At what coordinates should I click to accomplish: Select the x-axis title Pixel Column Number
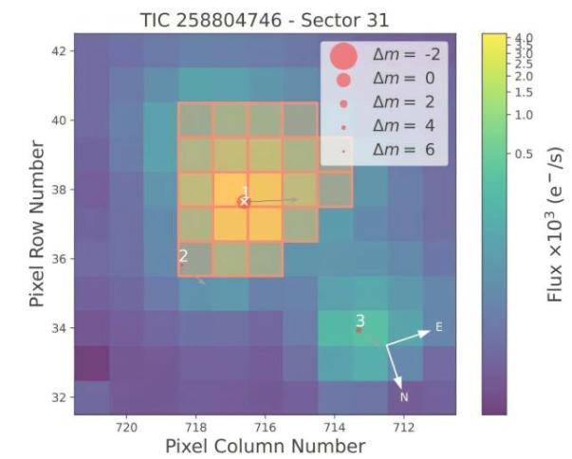click(265, 445)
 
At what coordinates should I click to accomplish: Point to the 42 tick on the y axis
click(56, 50)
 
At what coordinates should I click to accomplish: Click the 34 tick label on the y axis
click(56, 328)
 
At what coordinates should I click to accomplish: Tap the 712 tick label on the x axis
click(404, 426)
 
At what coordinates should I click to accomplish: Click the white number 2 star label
click(183, 255)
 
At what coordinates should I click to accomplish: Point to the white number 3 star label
click(360, 321)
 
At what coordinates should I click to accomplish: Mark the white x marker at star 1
click(244, 201)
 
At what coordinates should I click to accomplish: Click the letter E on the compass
click(438, 326)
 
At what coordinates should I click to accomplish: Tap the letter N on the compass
click(403, 396)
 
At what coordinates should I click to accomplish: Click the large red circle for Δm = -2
click(342, 56)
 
